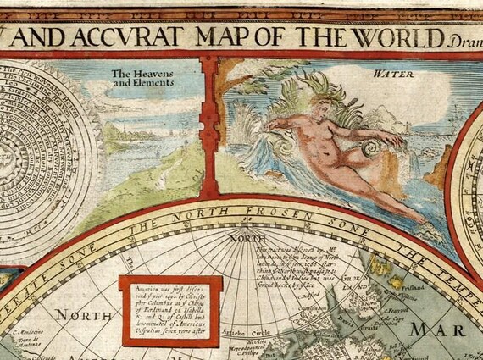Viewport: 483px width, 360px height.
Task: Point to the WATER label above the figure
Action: [x=386, y=74]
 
